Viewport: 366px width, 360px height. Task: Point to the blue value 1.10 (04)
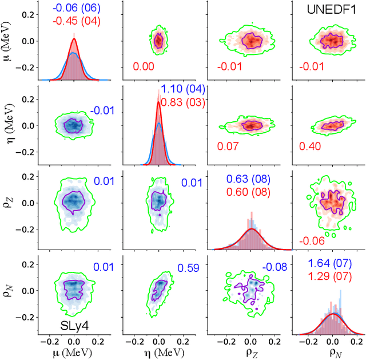pyautogui.click(x=182, y=89)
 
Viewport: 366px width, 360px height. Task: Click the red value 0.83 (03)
pyautogui.click(x=182, y=102)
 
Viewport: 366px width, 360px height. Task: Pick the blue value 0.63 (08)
pyautogui.click(x=249, y=179)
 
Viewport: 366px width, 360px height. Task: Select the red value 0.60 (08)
pyautogui.click(x=249, y=192)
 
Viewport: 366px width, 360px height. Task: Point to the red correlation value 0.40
pyautogui.click(x=310, y=147)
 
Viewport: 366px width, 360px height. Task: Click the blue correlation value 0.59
pyautogui.click(x=188, y=267)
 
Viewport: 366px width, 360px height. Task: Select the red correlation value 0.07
pyautogui.click(x=228, y=147)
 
